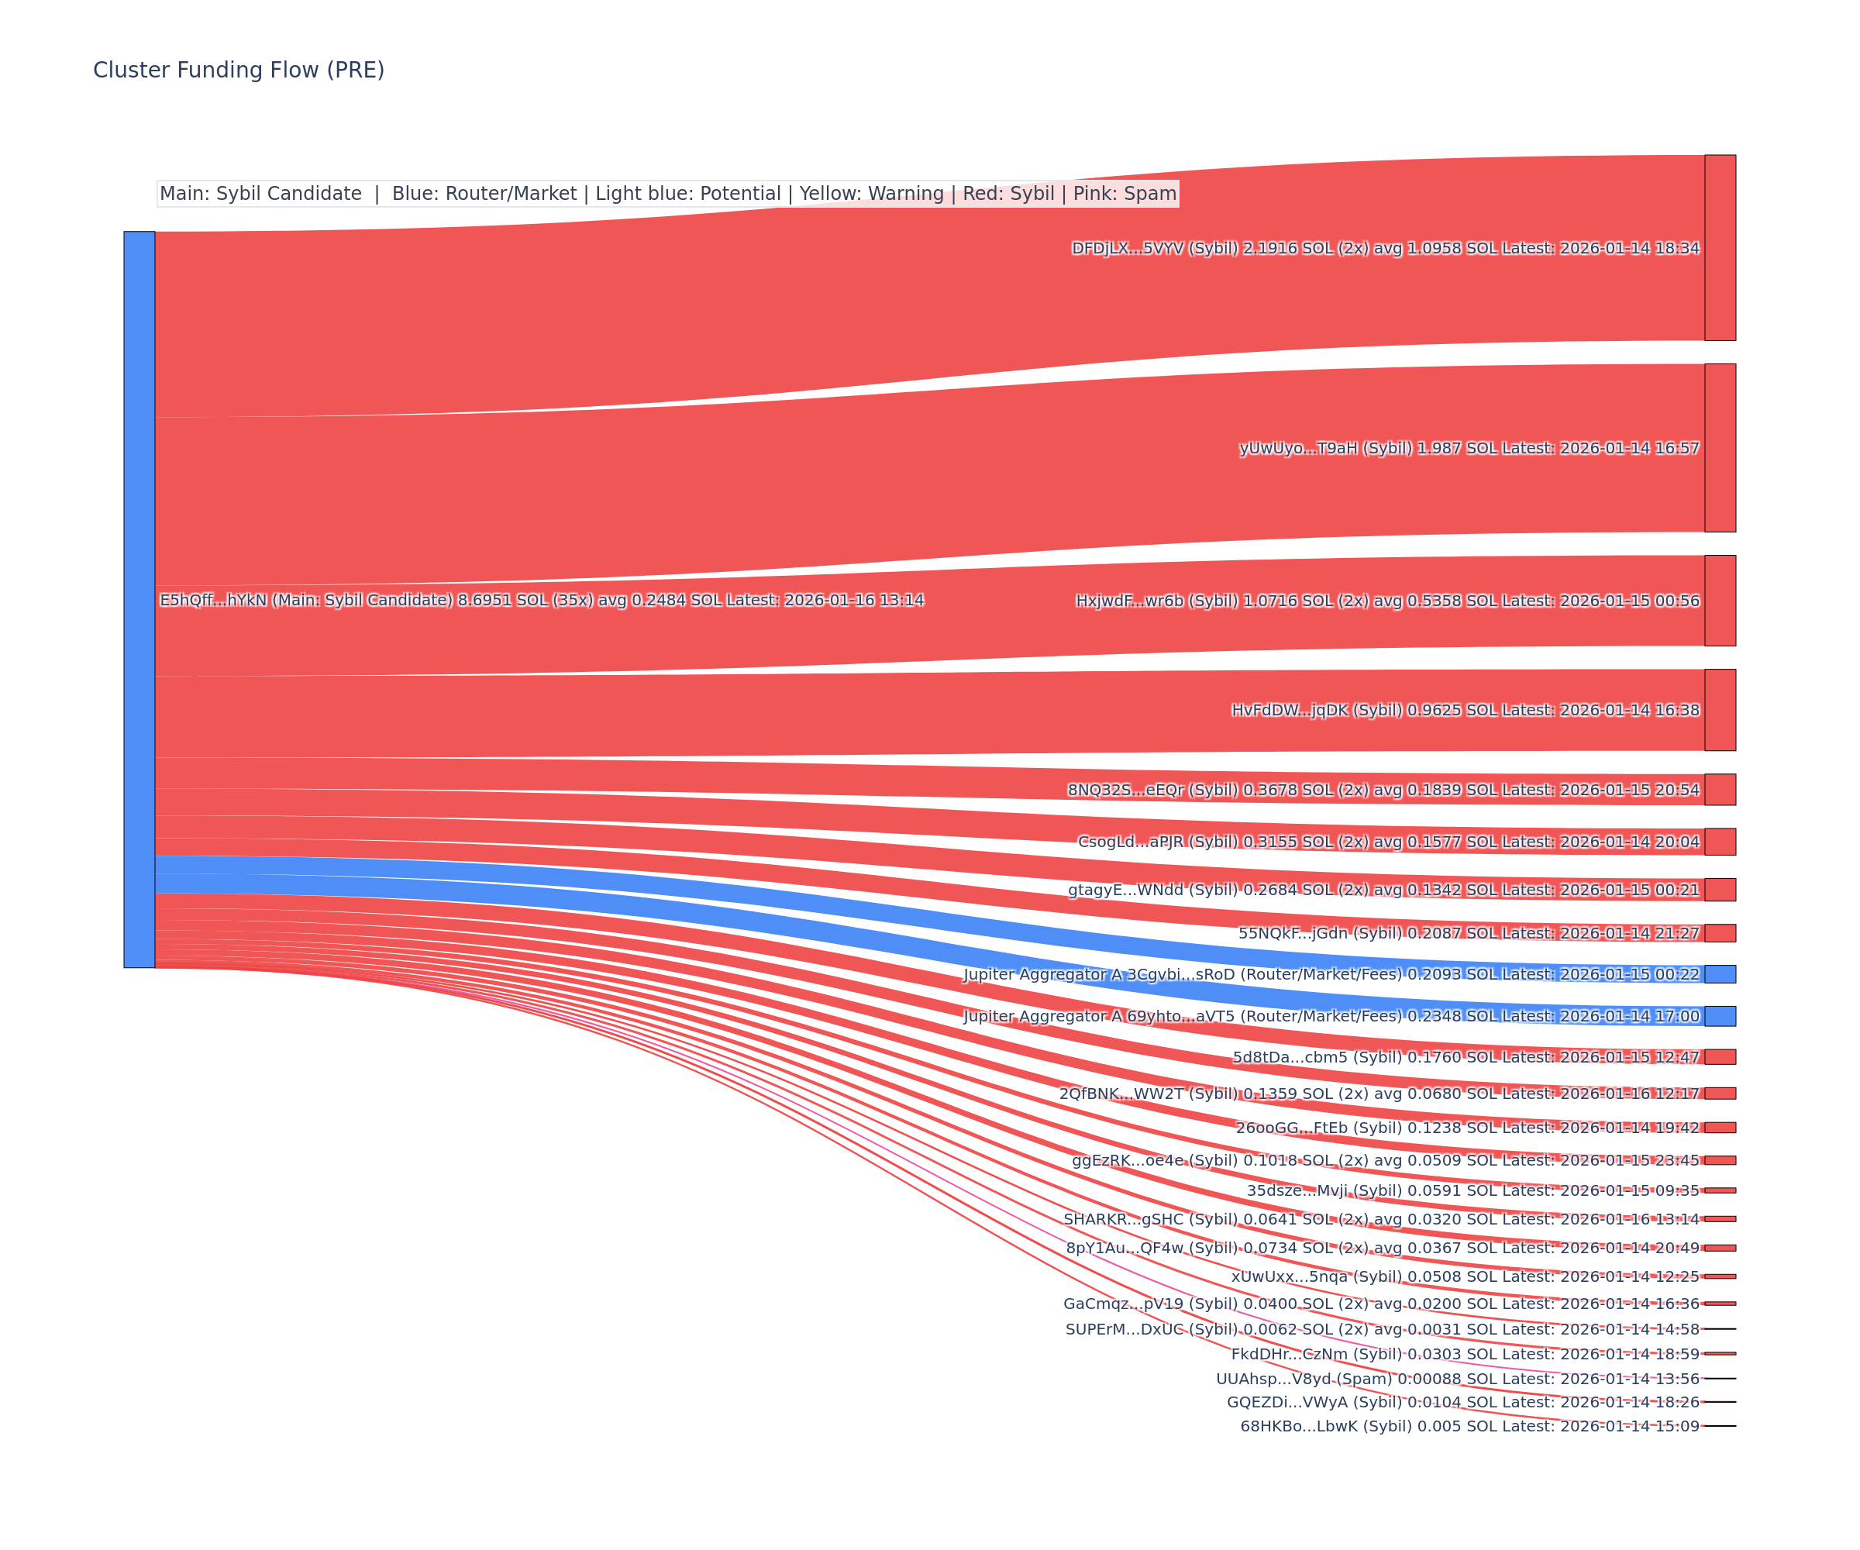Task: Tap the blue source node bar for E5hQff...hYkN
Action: coord(139,599)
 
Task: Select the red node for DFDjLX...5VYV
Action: coord(1719,247)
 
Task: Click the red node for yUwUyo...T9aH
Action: coord(1719,447)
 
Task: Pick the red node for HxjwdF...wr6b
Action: coord(1719,601)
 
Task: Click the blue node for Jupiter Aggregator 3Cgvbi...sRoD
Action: coord(1719,973)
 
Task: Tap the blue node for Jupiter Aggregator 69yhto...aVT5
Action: coord(1719,1015)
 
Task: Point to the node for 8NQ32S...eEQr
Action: coord(1719,789)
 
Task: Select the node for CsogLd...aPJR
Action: coord(1719,842)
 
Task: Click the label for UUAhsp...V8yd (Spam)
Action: coord(1457,1378)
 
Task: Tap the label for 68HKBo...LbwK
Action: coord(1469,1426)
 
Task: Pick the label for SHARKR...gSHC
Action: coord(1381,1219)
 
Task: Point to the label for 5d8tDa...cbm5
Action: coord(1466,1056)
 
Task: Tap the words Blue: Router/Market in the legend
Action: coord(484,194)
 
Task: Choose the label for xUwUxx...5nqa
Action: coord(1465,1276)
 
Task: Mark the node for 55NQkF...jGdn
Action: coord(1719,932)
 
